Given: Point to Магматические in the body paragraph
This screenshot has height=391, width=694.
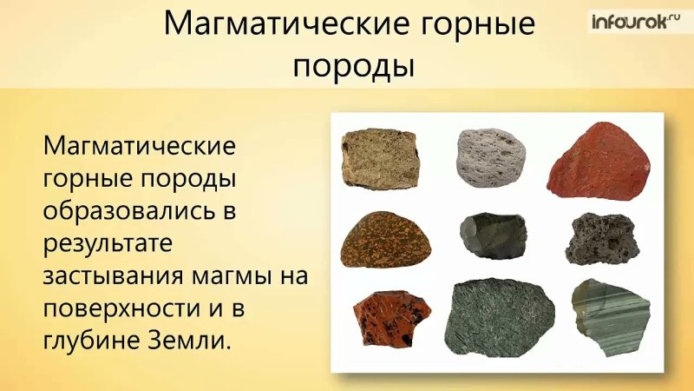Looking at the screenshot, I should tap(139, 144).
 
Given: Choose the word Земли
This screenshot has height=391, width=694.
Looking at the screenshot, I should tap(190, 340).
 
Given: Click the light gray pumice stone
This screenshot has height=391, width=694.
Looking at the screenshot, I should tap(490, 157).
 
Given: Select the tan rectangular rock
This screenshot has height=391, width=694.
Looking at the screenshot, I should tap(379, 157).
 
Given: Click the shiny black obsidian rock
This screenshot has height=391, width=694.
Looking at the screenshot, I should tap(493, 235).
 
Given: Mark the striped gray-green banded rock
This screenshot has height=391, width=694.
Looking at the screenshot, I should tap(611, 317).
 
